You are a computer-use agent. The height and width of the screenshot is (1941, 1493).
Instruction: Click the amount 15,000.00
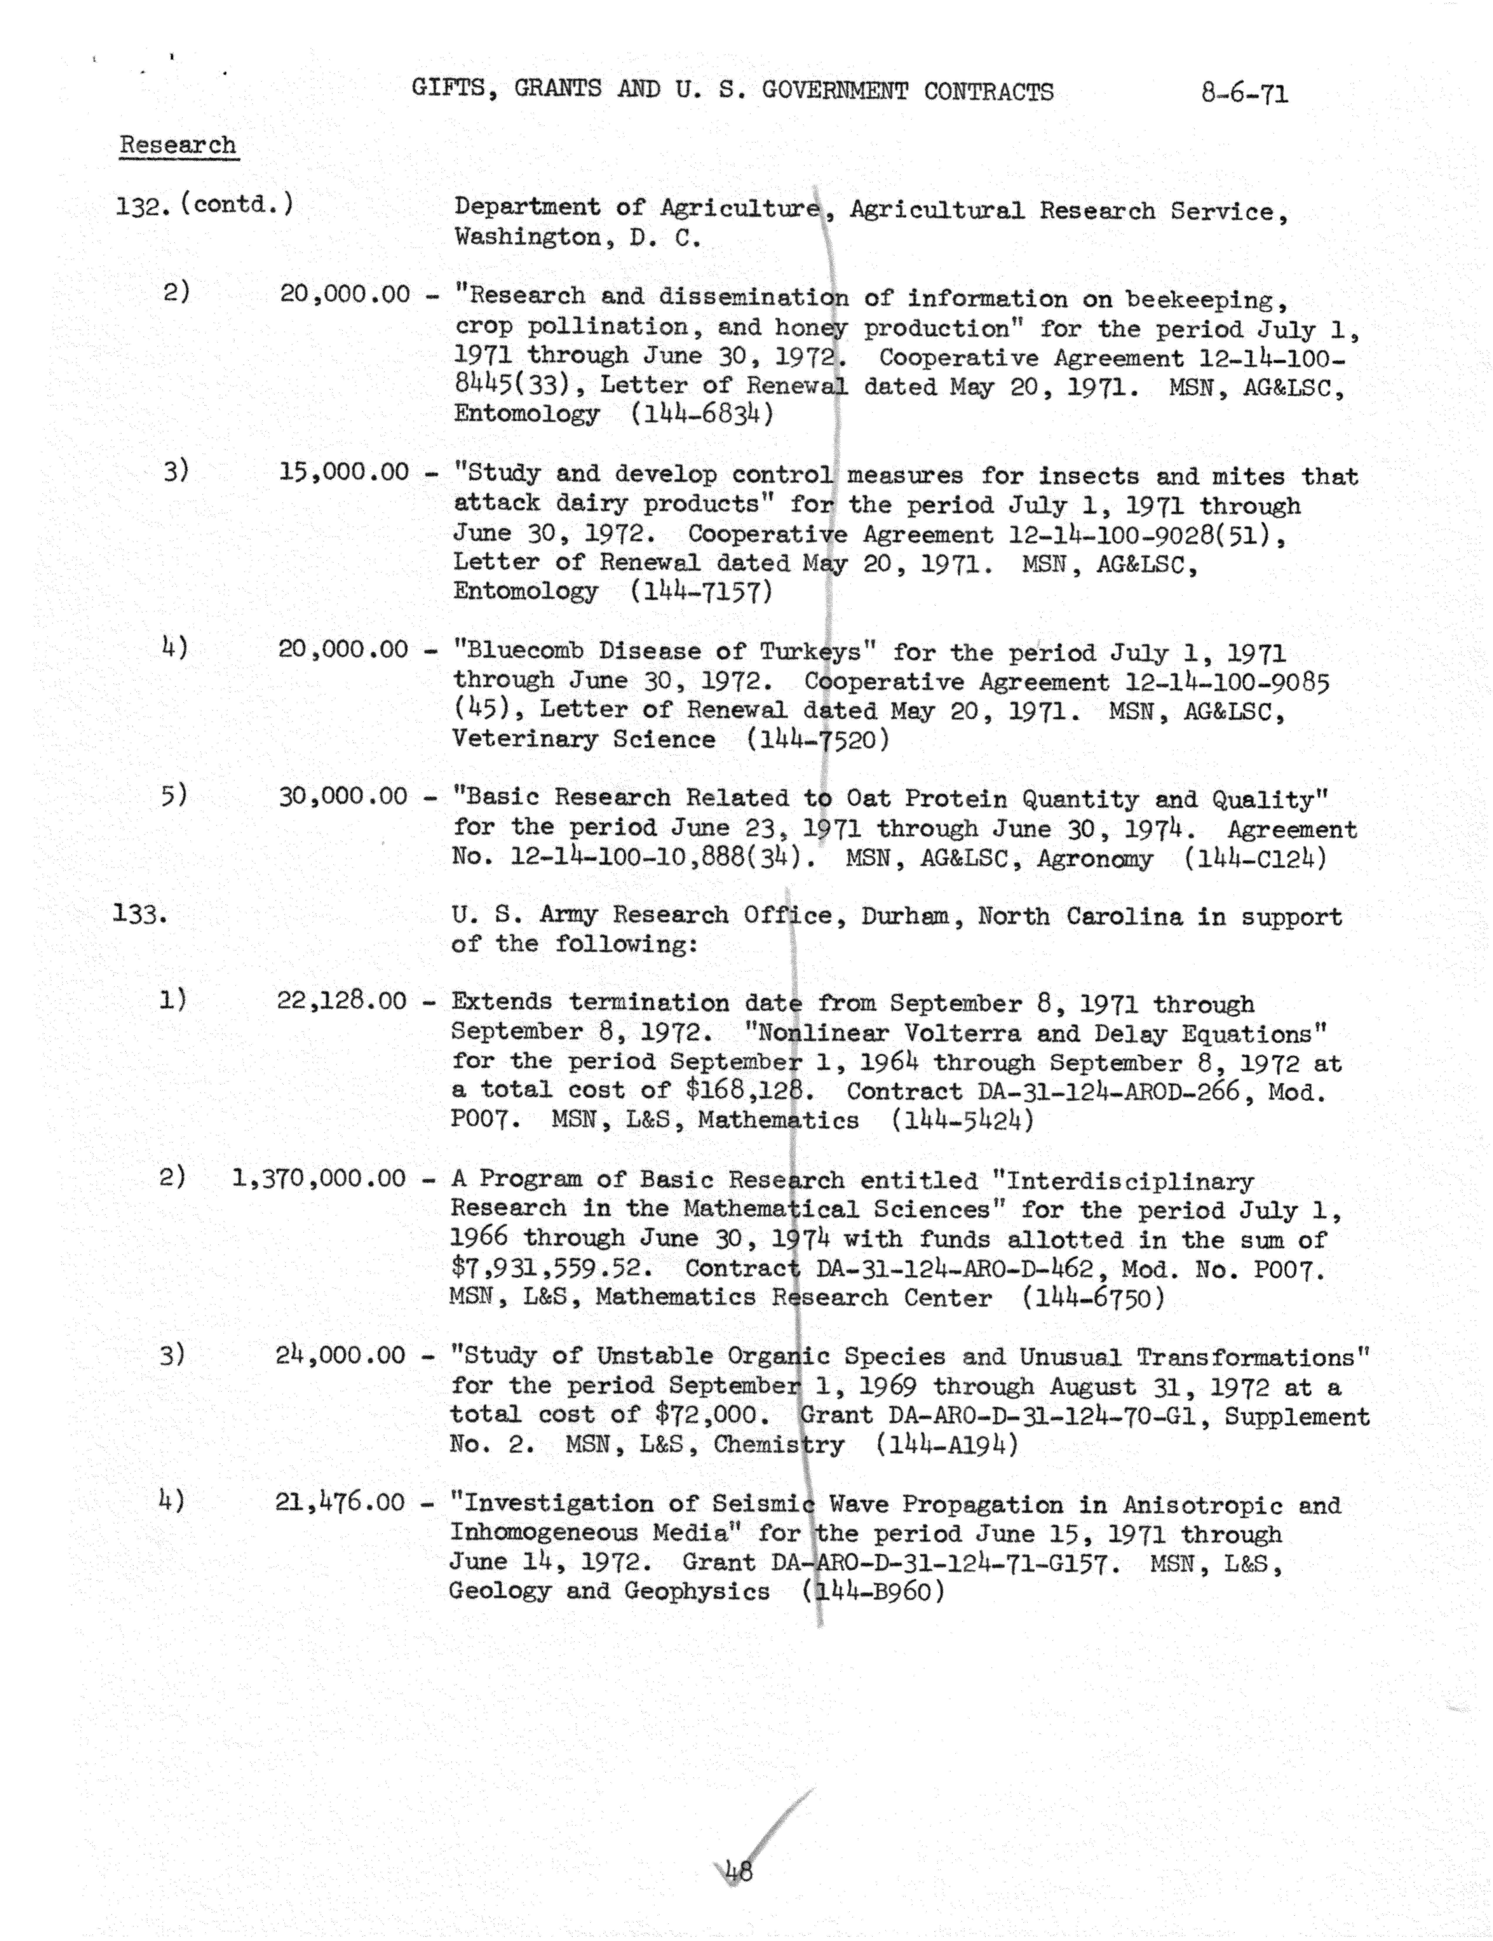coord(344,471)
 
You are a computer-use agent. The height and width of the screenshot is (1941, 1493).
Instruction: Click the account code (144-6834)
coord(702,414)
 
